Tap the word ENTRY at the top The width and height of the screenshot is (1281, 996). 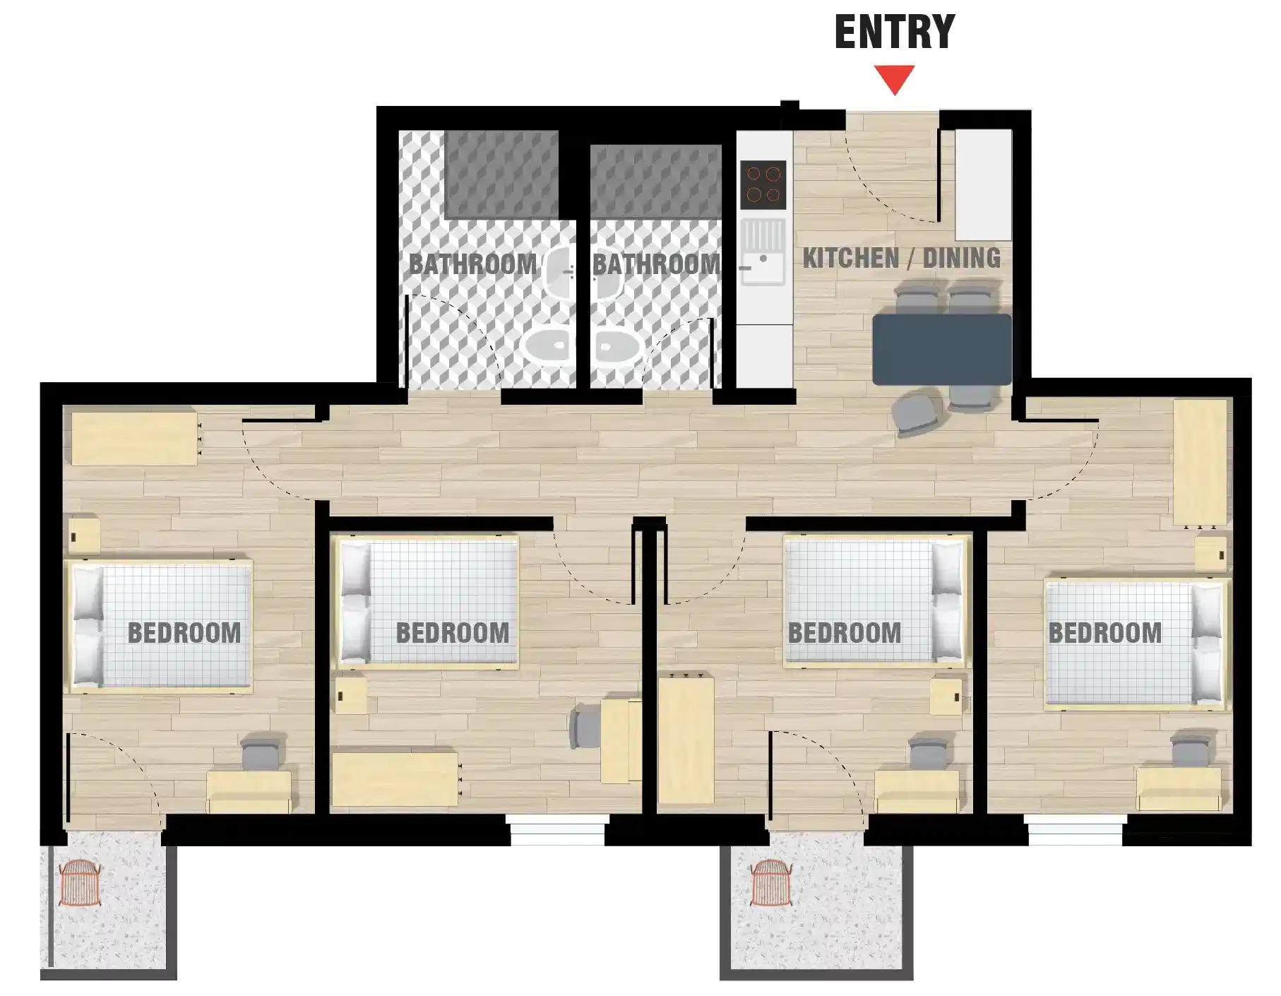[x=894, y=32]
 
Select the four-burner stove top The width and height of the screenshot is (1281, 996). [x=763, y=184]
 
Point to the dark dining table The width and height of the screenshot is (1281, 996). [x=942, y=349]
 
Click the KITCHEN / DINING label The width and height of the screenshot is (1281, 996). [x=901, y=259]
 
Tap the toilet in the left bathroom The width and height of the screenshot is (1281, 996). [x=547, y=346]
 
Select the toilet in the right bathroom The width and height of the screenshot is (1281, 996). [x=616, y=346]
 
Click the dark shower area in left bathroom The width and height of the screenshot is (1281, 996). [x=501, y=174]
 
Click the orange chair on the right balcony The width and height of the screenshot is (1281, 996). [x=771, y=883]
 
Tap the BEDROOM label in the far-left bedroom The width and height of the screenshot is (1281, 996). [x=184, y=633]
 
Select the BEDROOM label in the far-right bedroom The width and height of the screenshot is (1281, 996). [x=1104, y=633]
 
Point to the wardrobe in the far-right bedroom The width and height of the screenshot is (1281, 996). [x=1200, y=463]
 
